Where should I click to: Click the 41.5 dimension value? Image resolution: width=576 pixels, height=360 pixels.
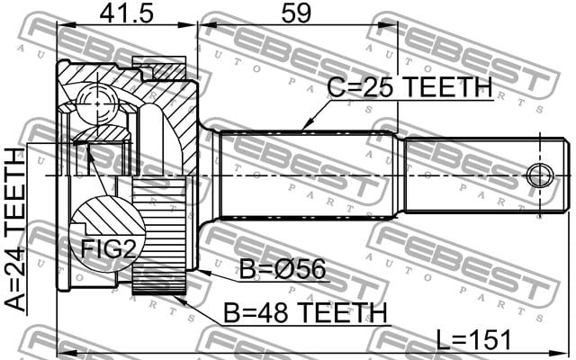click(x=126, y=13)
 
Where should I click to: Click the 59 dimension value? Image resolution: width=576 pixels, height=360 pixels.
click(x=296, y=13)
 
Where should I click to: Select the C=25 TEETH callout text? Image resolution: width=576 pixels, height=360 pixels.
click(x=409, y=87)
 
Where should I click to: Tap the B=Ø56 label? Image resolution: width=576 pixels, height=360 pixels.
click(x=283, y=269)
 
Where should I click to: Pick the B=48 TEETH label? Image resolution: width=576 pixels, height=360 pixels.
click(x=305, y=313)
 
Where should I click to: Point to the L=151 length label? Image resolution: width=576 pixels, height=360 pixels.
click(x=473, y=340)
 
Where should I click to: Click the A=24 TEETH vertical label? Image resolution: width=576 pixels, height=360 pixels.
click(x=15, y=230)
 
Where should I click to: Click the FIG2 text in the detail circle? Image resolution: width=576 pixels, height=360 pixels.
click(x=108, y=248)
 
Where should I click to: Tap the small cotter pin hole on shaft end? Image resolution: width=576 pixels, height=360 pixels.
click(x=540, y=175)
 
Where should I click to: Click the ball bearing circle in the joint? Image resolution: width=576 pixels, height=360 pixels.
click(x=98, y=104)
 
